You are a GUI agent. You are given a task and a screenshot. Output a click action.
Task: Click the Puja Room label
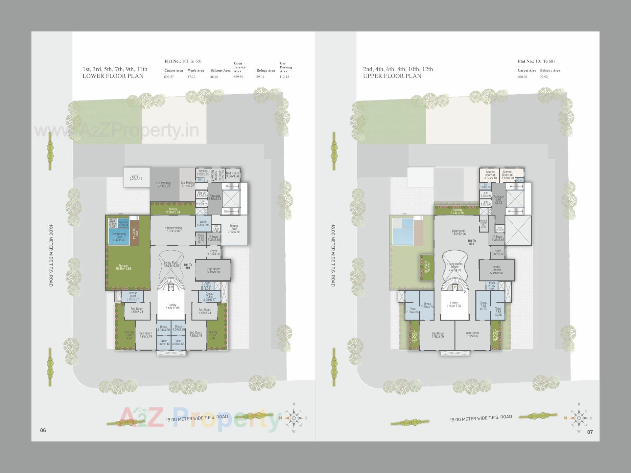(x=213, y=270)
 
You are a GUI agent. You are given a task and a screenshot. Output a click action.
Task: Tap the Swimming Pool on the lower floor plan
(x=119, y=237)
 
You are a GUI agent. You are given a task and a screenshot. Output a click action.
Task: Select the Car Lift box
(x=136, y=177)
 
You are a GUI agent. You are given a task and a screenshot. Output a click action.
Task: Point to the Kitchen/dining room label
(x=173, y=229)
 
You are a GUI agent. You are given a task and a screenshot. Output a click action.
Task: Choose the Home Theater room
(x=496, y=270)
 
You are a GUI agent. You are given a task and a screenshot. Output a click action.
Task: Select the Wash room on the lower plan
(x=203, y=223)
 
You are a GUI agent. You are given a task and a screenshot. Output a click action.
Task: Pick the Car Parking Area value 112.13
(x=284, y=77)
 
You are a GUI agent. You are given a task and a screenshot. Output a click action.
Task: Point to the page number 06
(x=43, y=430)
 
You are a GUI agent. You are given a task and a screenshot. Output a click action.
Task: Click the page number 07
(x=590, y=432)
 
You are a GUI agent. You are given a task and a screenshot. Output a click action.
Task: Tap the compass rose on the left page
(x=293, y=418)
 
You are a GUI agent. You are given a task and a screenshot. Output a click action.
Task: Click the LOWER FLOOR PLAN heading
(x=113, y=76)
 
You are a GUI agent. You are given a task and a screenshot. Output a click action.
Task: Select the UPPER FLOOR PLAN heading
(x=392, y=76)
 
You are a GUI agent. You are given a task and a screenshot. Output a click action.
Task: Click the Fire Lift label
(x=202, y=194)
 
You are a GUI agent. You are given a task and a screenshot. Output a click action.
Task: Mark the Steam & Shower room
(x=483, y=224)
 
